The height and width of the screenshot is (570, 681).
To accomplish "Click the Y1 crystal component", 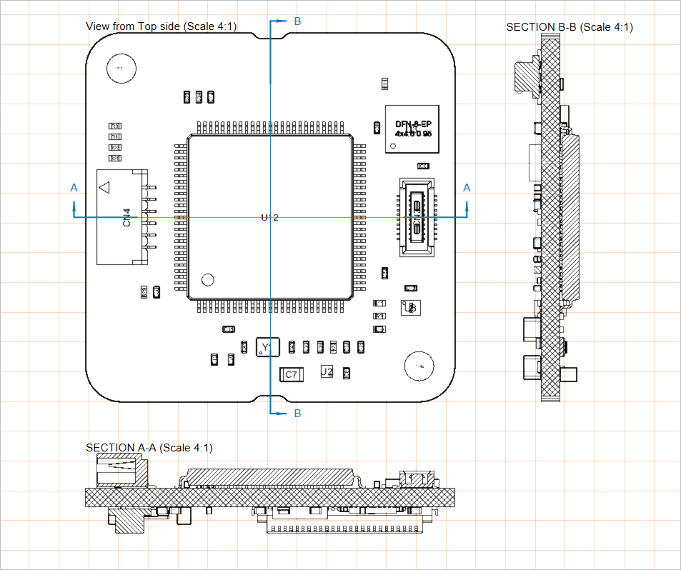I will (x=268, y=347).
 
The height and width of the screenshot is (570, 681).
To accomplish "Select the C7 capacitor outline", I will (x=291, y=374).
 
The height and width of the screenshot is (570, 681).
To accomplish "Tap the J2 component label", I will (x=327, y=372).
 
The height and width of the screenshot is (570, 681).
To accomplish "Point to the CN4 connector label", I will (x=126, y=217).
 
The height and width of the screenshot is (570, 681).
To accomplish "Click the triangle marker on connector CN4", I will (x=104, y=188).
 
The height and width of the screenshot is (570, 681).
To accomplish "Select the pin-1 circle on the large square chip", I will (x=208, y=279).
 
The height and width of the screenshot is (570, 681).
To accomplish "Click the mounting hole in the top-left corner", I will (x=119, y=69).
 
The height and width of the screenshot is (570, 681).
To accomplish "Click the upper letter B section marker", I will (x=297, y=21).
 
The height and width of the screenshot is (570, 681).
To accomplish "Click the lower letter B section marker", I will (x=297, y=414).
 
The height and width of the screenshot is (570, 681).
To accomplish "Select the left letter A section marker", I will (x=74, y=188).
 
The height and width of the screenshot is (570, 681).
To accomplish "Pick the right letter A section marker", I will (x=467, y=188).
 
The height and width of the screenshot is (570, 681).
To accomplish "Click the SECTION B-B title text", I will (x=569, y=27).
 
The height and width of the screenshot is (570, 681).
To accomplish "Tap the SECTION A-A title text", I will (x=149, y=448).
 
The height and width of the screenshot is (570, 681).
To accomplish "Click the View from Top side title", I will (x=161, y=26).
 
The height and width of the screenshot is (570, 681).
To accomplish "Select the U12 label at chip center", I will (x=269, y=217).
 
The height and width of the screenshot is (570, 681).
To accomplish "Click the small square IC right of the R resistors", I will (x=411, y=307).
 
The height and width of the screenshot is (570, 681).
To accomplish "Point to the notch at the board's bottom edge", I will (x=270, y=397).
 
